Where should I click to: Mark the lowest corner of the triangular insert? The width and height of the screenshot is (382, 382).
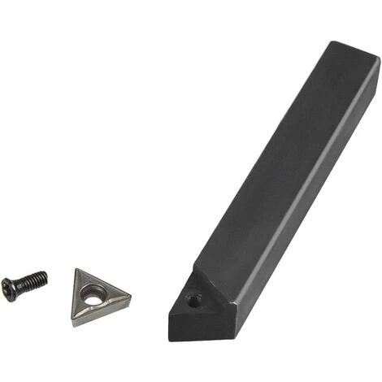pos(74,324)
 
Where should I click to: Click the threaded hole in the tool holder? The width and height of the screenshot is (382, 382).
pos(193,301)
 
